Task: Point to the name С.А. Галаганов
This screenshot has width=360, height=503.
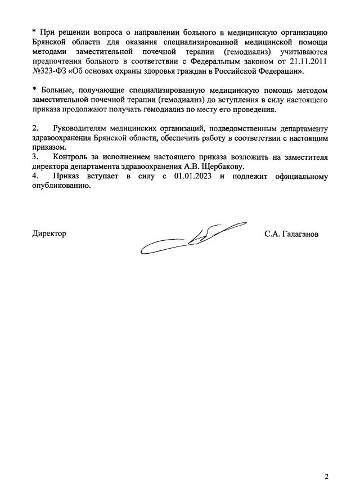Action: (291, 233)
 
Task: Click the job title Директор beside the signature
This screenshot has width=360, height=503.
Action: (49, 233)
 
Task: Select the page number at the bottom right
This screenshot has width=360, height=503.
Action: (327, 477)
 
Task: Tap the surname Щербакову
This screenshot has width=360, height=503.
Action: (221, 167)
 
